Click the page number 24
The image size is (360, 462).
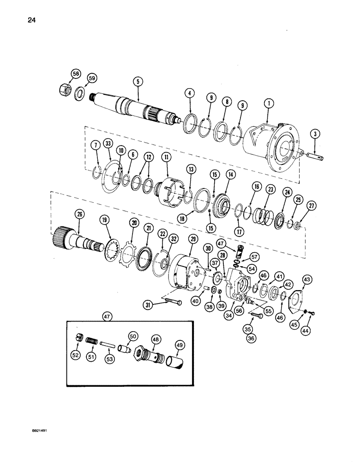pyautogui.click(x=20, y=20)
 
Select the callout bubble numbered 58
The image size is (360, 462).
pyautogui.click(x=75, y=73)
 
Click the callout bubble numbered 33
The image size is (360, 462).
pyautogui.click(x=108, y=144)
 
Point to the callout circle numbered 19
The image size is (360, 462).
pyautogui.click(x=105, y=221)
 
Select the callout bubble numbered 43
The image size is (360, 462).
pyautogui.click(x=306, y=279)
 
